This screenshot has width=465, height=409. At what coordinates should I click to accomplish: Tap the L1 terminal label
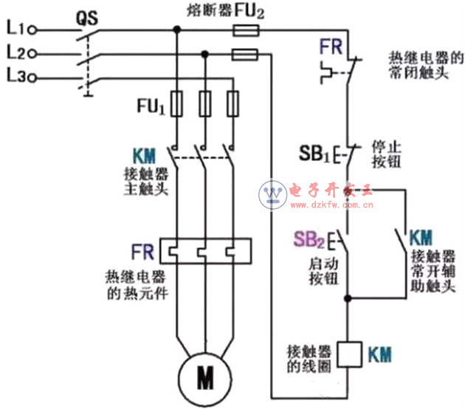coord(15,29)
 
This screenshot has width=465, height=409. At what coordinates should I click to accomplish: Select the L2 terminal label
coord(15,52)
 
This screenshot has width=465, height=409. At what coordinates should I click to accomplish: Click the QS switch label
coord(87,16)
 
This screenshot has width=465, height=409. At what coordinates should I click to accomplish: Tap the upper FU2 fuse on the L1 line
coord(245,30)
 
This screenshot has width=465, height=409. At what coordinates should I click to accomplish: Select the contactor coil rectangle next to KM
coord(348,354)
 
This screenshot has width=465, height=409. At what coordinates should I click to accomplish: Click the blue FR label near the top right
coord(330,47)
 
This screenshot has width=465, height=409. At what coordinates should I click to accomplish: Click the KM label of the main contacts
coord(145,157)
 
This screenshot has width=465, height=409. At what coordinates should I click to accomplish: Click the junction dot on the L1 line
coord(176,30)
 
